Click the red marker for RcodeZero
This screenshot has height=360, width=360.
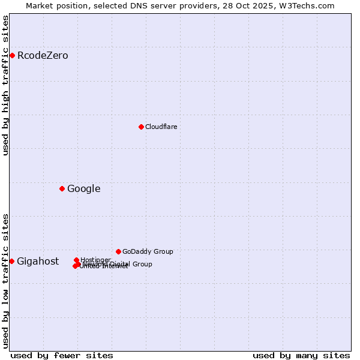click(12, 56)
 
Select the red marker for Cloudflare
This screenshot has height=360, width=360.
click(141, 127)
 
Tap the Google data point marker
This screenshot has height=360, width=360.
click(62, 189)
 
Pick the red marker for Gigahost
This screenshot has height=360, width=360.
click(11, 261)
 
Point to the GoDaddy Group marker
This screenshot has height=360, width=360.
click(118, 251)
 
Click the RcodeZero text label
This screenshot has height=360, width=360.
click(43, 56)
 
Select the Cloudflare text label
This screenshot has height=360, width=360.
click(161, 127)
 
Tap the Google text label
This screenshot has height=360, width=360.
click(83, 189)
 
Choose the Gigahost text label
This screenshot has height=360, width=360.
click(38, 261)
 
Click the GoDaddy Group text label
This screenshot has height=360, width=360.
click(148, 251)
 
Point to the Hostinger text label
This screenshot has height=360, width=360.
click(95, 260)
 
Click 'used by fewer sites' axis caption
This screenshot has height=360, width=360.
click(62, 355)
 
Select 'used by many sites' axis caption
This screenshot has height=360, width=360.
click(301, 355)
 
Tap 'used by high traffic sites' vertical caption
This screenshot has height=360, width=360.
click(5, 85)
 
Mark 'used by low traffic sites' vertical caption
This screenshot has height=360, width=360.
click(5, 281)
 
